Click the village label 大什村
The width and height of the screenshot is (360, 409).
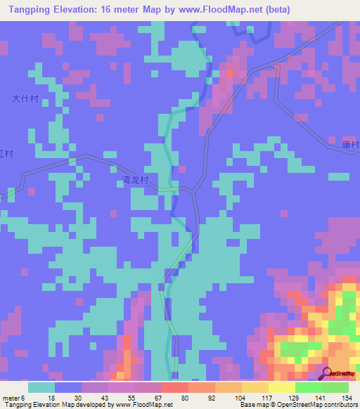[25, 100]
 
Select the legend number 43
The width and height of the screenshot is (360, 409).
[103, 397]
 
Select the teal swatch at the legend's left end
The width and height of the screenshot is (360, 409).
[41, 387]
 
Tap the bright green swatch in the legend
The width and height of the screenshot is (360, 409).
[308, 387]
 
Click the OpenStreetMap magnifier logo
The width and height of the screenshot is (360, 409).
[327, 372]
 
